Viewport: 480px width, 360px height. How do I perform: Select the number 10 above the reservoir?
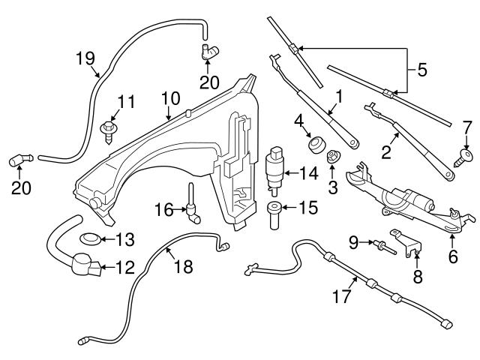point(170,97)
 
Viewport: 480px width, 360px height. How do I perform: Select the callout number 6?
point(452,256)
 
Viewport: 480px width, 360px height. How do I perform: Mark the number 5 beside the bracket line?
point(422,73)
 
